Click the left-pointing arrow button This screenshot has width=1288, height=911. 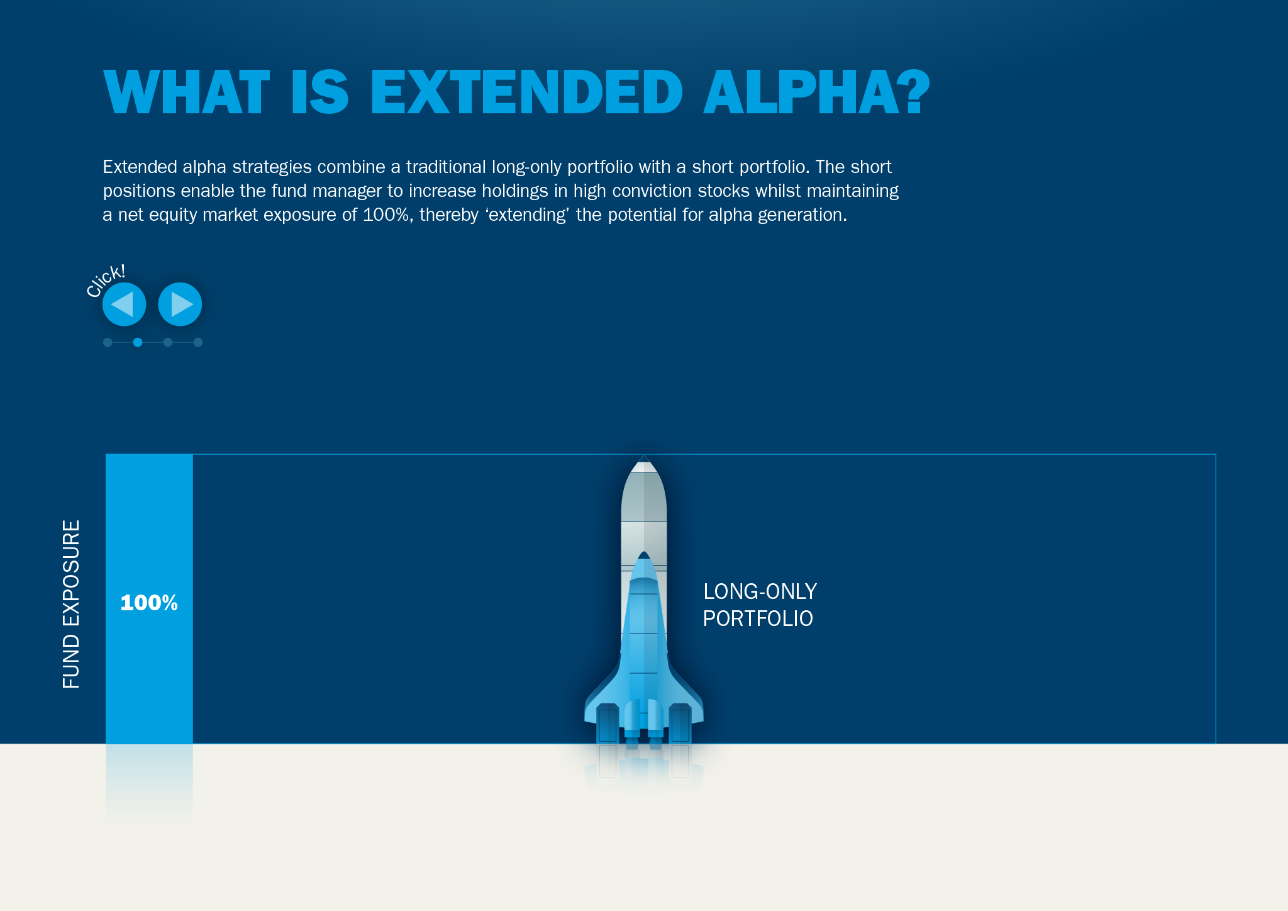pos(124,305)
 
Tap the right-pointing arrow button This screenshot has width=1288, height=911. pos(180,305)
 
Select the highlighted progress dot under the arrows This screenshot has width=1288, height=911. pos(138,342)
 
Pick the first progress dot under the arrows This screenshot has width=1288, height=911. pos(108,342)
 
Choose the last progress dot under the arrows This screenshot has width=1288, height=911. pos(198,342)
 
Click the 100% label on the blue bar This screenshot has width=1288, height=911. pos(149,603)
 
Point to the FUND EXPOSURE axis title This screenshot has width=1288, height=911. pos(71,604)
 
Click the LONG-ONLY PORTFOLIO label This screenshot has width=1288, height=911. pos(759,605)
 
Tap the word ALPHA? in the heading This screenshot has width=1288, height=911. pos(816,92)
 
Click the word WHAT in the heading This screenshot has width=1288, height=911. pos(187,92)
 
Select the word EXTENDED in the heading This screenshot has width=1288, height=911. pos(526,92)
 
